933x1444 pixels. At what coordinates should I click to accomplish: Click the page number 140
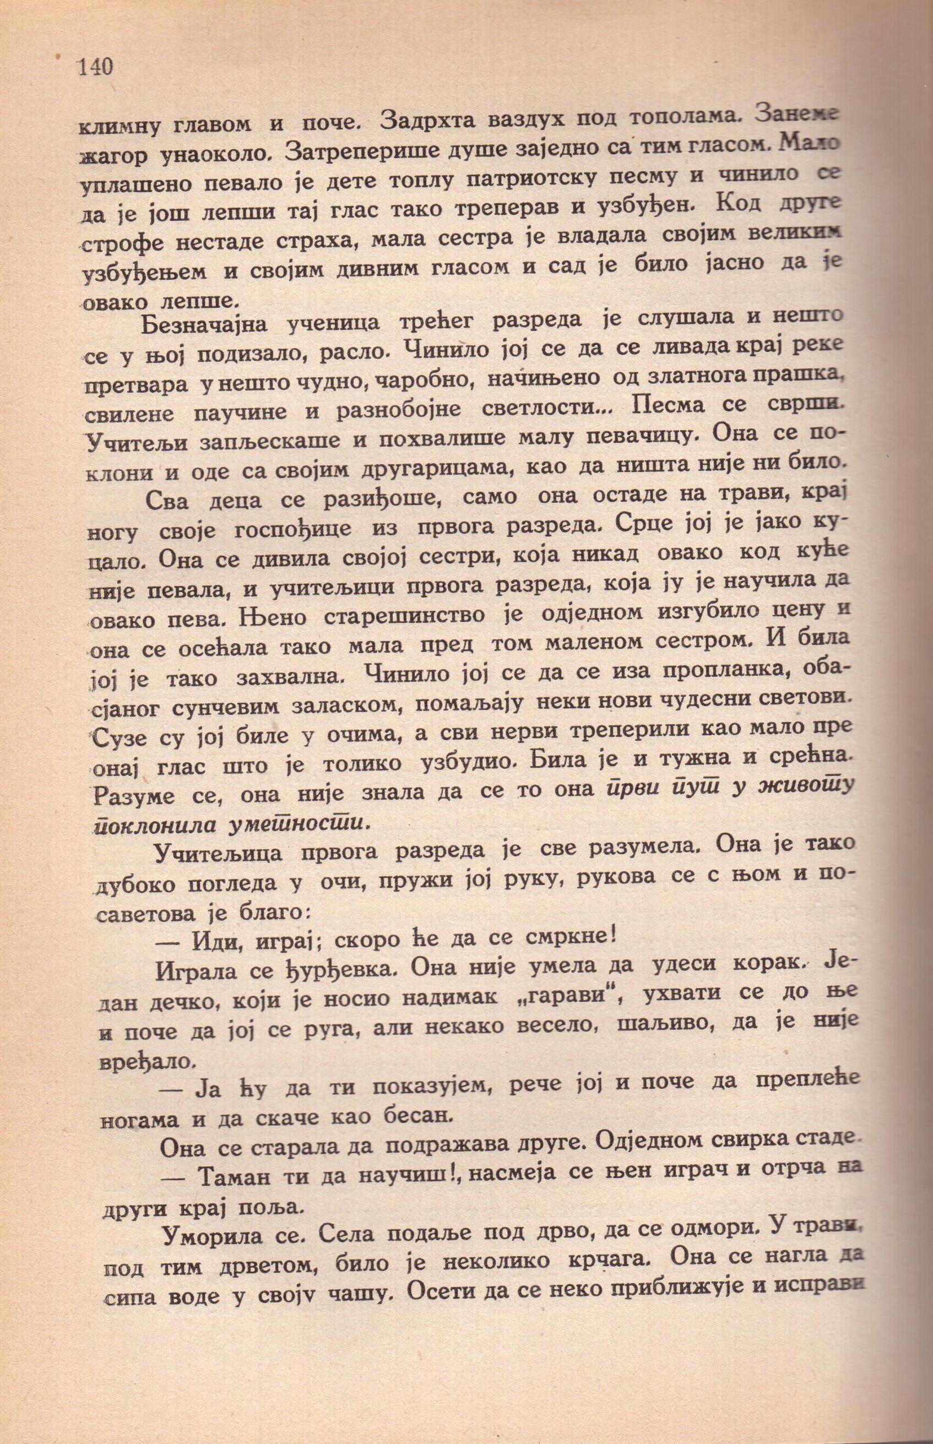96,67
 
